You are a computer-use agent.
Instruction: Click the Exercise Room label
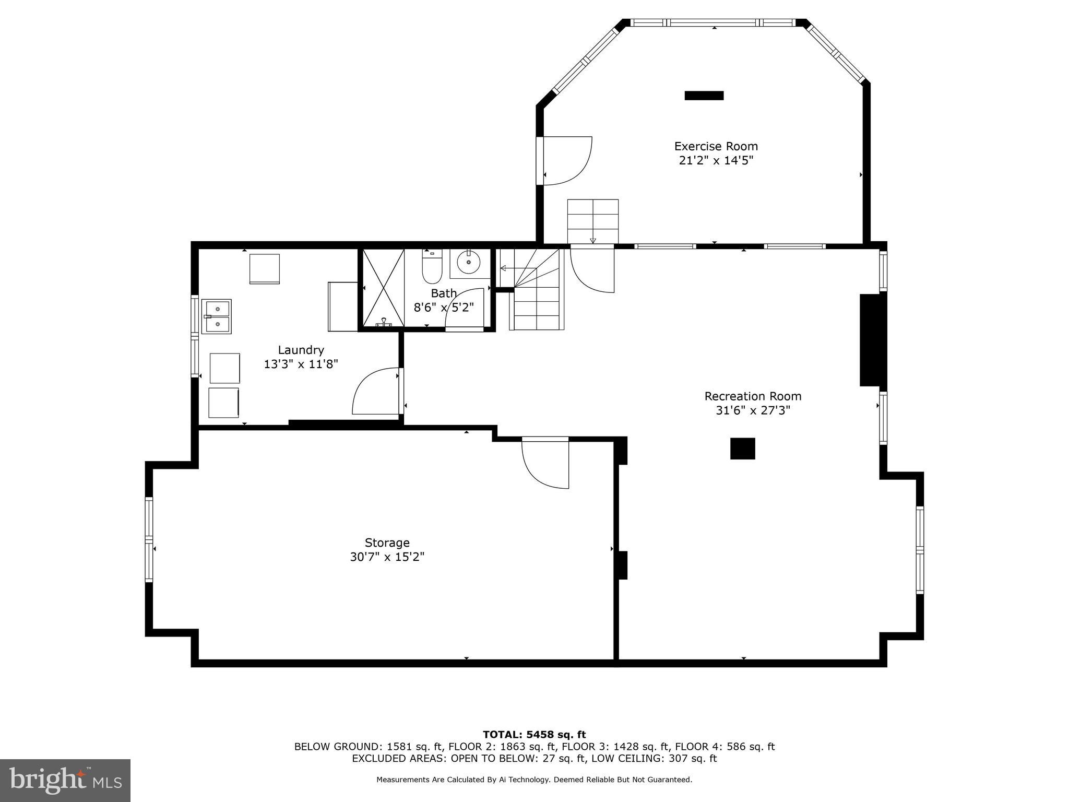click(716, 146)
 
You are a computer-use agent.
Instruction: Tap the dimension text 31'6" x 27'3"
click(753, 411)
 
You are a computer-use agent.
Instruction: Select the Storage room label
click(387, 542)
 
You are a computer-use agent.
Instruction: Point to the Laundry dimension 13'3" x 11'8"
click(301, 364)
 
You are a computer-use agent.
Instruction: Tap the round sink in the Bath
click(468, 263)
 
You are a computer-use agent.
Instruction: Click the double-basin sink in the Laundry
click(217, 316)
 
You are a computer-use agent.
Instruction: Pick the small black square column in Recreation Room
click(742, 449)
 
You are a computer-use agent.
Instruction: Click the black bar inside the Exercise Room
click(704, 96)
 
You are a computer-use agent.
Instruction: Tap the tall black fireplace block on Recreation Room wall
click(872, 340)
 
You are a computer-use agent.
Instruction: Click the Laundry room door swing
click(376, 392)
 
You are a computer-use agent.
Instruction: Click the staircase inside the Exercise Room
click(592, 221)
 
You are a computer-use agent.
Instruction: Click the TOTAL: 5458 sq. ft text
click(534, 735)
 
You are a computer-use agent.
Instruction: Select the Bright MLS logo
click(65, 780)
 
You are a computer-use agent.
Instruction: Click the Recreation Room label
click(753, 396)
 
